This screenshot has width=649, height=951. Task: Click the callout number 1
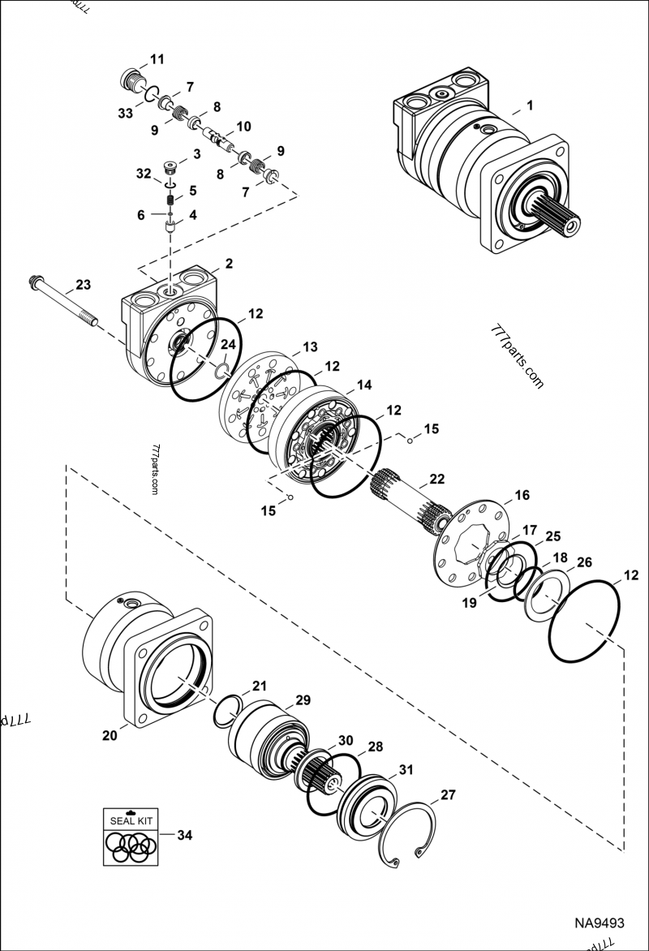tap(530, 105)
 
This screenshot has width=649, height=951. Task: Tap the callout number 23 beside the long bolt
tap(83, 285)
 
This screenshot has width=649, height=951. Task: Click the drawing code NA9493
tap(600, 923)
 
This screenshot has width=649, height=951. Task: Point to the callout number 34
tap(185, 835)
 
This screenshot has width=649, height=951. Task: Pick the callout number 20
tap(110, 736)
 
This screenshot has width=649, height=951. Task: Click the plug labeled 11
tap(127, 80)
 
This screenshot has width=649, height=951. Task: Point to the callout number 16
tap(522, 495)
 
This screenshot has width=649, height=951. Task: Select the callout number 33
tap(125, 114)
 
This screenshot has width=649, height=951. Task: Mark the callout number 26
tap(583, 562)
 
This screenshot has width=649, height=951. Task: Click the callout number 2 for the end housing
tap(229, 264)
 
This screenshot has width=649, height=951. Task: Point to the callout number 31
tap(406, 770)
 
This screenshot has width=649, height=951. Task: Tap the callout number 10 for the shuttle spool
tap(243, 127)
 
